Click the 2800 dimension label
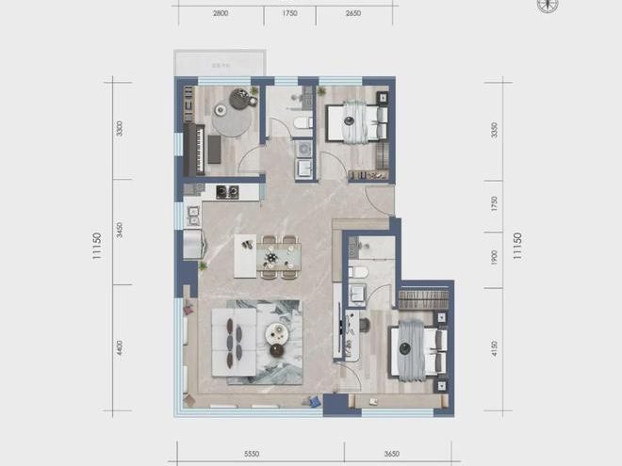pos(221,14)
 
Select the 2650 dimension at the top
pos(353,14)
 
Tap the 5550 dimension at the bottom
pos(252,454)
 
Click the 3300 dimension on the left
pos(120,129)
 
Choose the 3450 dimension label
pos(120,232)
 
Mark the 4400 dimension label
pos(120,348)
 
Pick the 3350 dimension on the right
pos(495,129)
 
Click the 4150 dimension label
pos(495,347)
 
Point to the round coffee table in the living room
pos(275,332)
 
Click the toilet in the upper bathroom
pos(302,122)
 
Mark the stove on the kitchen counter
pos(226,191)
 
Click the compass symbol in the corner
pos(548,6)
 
